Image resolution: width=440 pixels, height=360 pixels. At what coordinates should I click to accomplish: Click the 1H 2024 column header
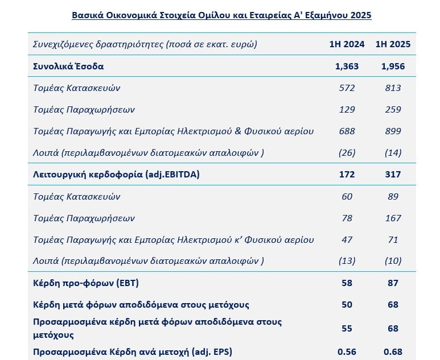tap(347, 44)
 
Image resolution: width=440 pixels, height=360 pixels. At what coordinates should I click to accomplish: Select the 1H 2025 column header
tap(393, 44)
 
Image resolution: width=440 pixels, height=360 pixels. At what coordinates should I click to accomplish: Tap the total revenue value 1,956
tap(393, 66)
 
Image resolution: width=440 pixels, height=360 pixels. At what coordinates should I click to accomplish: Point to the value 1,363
tap(347, 66)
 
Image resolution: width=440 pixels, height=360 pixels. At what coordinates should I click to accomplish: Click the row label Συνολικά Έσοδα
tap(68, 66)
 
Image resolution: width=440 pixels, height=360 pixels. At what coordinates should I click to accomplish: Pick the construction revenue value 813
tap(393, 88)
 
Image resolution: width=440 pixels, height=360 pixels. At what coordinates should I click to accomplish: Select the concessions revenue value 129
tap(347, 109)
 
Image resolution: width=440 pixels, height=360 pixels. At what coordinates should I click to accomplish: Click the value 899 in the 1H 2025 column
tap(393, 131)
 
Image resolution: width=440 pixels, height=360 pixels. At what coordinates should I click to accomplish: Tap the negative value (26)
tap(347, 152)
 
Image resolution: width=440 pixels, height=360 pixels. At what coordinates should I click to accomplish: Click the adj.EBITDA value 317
tap(393, 174)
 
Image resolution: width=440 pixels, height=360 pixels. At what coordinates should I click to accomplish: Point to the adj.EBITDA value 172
tap(347, 174)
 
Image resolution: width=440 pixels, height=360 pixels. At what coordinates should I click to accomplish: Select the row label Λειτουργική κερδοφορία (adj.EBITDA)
tap(116, 175)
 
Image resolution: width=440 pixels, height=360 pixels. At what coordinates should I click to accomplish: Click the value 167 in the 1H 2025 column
tap(393, 218)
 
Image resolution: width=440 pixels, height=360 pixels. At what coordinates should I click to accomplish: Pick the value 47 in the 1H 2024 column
tap(347, 240)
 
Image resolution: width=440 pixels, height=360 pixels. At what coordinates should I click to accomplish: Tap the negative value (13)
tap(347, 260)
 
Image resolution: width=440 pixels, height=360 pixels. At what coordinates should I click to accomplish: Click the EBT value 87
tap(393, 283)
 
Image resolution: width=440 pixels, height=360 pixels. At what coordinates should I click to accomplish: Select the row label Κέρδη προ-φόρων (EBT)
tap(86, 283)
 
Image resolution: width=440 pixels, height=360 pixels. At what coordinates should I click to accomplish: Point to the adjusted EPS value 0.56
tap(347, 351)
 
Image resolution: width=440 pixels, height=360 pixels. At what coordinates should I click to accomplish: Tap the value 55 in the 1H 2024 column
tap(347, 328)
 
